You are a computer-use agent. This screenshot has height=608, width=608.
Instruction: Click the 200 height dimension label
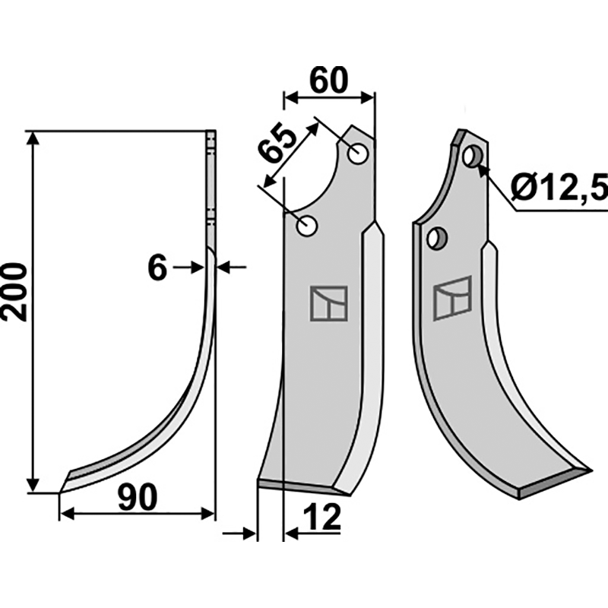(14, 292)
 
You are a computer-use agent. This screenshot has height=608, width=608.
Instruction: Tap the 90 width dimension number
(138, 498)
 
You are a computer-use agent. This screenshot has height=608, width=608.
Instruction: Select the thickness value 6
(157, 268)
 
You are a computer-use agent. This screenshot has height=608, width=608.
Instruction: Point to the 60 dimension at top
(329, 81)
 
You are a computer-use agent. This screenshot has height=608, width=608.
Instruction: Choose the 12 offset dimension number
(322, 518)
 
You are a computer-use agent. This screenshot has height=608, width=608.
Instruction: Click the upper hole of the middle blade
(358, 154)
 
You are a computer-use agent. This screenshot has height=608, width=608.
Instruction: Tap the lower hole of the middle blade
(307, 226)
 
